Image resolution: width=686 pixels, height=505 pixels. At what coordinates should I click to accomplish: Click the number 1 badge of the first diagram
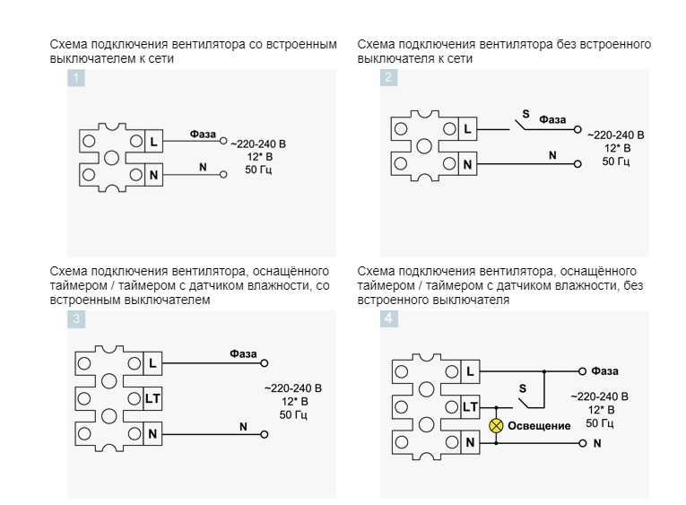click(76, 78)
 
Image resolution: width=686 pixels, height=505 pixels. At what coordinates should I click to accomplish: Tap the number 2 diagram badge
click(388, 78)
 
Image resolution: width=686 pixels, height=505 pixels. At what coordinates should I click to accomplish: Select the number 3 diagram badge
click(76, 318)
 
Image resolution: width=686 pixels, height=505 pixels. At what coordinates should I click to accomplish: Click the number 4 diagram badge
click(388, 318)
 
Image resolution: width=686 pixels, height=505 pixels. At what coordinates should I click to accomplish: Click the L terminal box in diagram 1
click(153, 142)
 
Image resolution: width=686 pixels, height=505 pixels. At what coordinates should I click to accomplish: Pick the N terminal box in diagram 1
click(153, 175)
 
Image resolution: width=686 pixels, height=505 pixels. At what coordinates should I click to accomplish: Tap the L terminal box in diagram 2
click(466, 130)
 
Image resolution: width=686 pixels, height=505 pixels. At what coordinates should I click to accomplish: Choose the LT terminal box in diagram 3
click(152, 398)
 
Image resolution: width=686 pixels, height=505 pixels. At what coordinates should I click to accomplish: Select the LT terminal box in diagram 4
click(469, 407)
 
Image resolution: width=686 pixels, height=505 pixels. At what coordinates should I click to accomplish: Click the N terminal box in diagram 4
click(469, 442)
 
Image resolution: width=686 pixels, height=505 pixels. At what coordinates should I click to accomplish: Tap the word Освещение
click(539, 425)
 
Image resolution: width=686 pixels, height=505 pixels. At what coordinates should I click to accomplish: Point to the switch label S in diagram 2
click(525, 114)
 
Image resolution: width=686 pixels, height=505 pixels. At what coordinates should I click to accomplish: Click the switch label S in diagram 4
click(523, 387)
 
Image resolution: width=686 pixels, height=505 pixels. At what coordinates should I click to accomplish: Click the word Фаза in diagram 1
click(203, 134)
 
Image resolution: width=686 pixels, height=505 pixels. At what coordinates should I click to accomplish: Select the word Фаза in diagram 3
click(243, 353)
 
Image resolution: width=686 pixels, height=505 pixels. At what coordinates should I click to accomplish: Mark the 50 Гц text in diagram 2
click(615, 161)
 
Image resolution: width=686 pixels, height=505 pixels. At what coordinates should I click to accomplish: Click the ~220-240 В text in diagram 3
click(292, 388)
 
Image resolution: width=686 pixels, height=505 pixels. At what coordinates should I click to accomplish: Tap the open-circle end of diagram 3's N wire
click(264, 434)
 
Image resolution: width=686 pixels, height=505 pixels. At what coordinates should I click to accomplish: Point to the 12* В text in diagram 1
click(257, 156)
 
